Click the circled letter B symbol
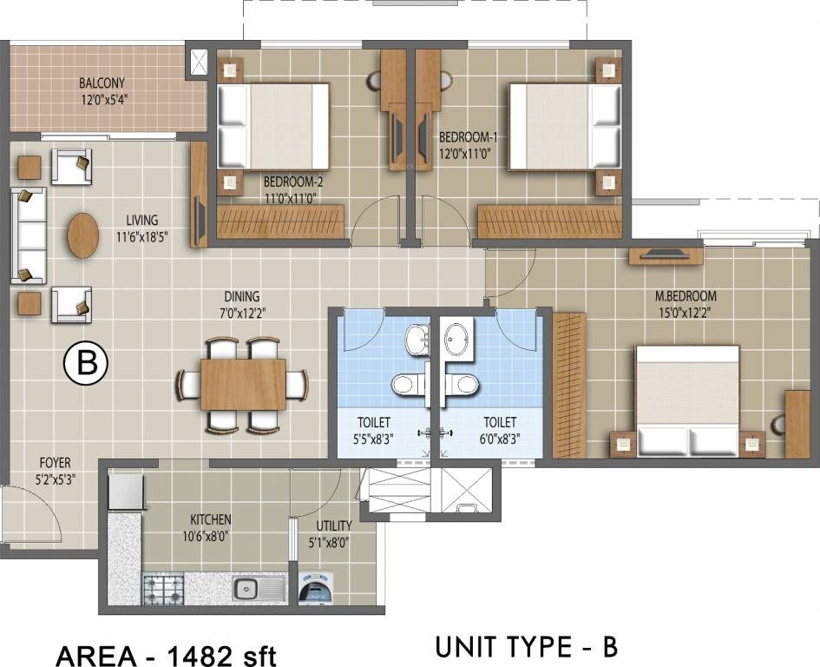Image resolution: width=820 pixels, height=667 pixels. [87, 364]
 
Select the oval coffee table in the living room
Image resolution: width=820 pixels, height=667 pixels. [83, 234]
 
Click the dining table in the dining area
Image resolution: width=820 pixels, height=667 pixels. [242, 384]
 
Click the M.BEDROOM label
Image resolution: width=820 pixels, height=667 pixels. [686, 296]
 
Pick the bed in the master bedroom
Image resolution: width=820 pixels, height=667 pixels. [686, 400]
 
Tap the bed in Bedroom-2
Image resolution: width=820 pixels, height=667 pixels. [272, 126]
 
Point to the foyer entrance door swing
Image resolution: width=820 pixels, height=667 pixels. [30, 517]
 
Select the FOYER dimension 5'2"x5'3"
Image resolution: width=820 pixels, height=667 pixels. [53, 479]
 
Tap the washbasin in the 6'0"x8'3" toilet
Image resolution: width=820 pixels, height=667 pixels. [460, 339]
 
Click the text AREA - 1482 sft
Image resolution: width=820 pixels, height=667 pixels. [166, 653]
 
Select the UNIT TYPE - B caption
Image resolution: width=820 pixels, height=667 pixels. [526, 648]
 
